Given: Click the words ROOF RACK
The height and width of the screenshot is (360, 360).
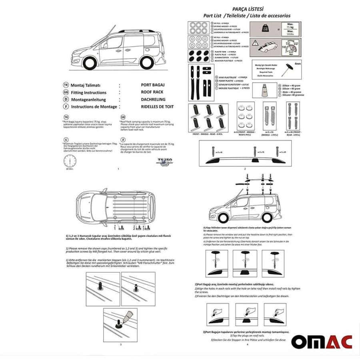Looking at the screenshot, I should point(152,92).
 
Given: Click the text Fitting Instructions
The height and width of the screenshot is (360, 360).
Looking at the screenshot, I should point(88,92).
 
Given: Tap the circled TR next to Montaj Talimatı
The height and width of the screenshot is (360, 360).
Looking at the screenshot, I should point(66,85).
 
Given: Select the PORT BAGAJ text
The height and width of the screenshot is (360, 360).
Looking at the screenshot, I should point(153,85).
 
